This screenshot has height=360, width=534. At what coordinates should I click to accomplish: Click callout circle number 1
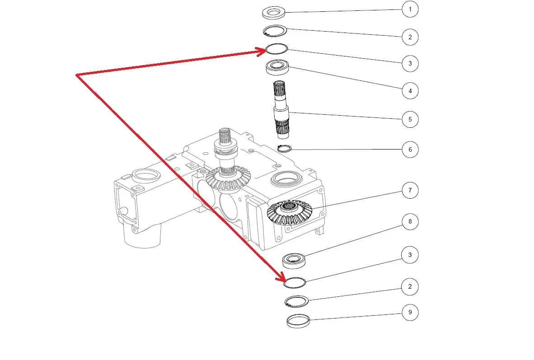[410, 9]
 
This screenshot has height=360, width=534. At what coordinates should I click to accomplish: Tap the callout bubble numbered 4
[410, 91]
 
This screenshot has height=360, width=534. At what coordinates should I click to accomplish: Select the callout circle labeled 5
[410, 120]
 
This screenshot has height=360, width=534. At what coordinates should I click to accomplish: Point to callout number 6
[410, 150]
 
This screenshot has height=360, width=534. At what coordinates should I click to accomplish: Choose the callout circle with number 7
[410, 191]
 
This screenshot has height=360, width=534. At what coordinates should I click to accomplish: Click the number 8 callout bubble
[410, 222]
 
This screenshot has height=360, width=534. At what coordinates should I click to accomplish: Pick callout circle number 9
[410, 313]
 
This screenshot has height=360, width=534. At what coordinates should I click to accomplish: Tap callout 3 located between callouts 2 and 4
[410, 63]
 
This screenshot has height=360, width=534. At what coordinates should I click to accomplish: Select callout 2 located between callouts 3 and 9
[410, 286]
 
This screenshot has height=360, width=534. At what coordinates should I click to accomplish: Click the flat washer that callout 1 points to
[273, 12]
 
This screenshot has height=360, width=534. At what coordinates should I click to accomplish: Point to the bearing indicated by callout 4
[277, 68]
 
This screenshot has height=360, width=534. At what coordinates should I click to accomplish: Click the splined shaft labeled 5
[281, 108]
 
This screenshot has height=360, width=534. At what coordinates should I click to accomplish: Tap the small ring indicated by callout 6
[284, 148]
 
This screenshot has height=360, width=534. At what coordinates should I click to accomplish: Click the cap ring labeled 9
[298, 320]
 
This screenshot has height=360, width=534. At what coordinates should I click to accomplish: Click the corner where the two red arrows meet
[77, 75]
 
